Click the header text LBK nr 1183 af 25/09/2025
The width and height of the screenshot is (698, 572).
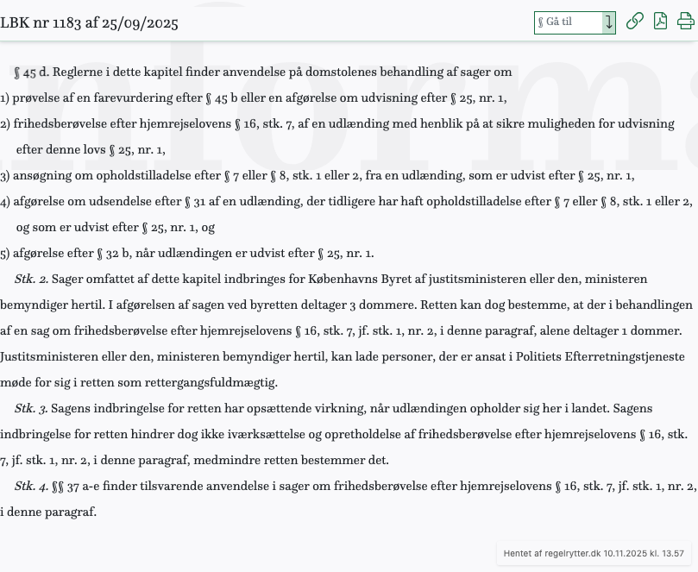90,23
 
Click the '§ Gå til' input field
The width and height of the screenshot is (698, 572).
567,22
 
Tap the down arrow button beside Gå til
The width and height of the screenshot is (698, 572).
609,22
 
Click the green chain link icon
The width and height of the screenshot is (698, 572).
634,22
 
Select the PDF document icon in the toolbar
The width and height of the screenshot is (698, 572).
660,22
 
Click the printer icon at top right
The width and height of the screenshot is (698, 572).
686,22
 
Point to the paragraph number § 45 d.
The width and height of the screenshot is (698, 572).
31,72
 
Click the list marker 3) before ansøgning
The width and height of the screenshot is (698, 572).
5,176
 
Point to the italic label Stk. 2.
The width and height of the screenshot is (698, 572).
31,280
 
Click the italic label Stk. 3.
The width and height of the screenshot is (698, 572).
31,409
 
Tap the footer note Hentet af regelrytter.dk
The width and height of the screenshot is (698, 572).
594,553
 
